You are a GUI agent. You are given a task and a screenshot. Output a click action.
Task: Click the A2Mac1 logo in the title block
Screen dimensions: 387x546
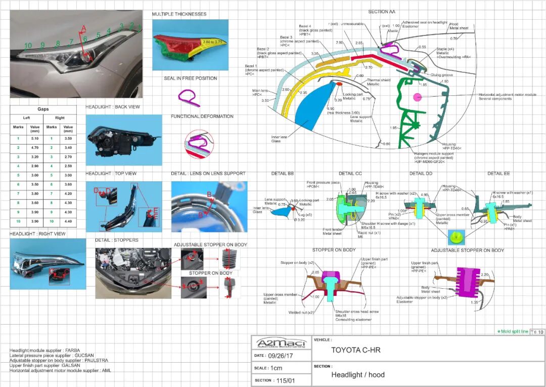coord(281,343)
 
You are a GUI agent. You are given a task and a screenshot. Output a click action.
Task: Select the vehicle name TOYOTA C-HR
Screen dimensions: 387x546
coord(355,350)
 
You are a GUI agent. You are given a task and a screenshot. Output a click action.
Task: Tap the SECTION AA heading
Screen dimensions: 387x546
coord(382,12)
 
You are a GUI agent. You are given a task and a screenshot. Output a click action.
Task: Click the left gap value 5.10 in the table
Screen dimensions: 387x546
coord(35,138)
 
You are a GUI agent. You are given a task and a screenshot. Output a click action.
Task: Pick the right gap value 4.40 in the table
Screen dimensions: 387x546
coord(68,222)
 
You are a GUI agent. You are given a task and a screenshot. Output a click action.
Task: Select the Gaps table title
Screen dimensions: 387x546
coord(43,109)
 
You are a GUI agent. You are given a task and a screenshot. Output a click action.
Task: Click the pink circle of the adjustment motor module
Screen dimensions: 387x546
coord(418,97)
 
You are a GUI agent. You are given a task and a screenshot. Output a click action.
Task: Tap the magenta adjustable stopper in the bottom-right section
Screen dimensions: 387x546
coord(468,281)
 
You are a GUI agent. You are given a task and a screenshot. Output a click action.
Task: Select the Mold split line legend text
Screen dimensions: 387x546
coord(514,331)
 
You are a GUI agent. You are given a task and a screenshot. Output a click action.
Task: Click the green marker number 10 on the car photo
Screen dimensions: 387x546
coord(28,46)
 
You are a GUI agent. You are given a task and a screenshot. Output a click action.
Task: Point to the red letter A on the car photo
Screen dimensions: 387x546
coord(84,28)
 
